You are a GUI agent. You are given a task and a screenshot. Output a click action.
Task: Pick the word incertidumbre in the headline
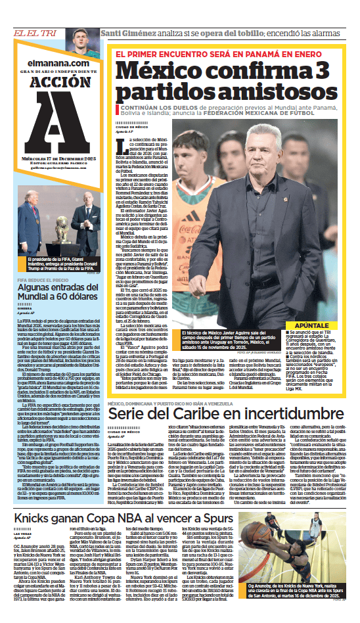point(277,395)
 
